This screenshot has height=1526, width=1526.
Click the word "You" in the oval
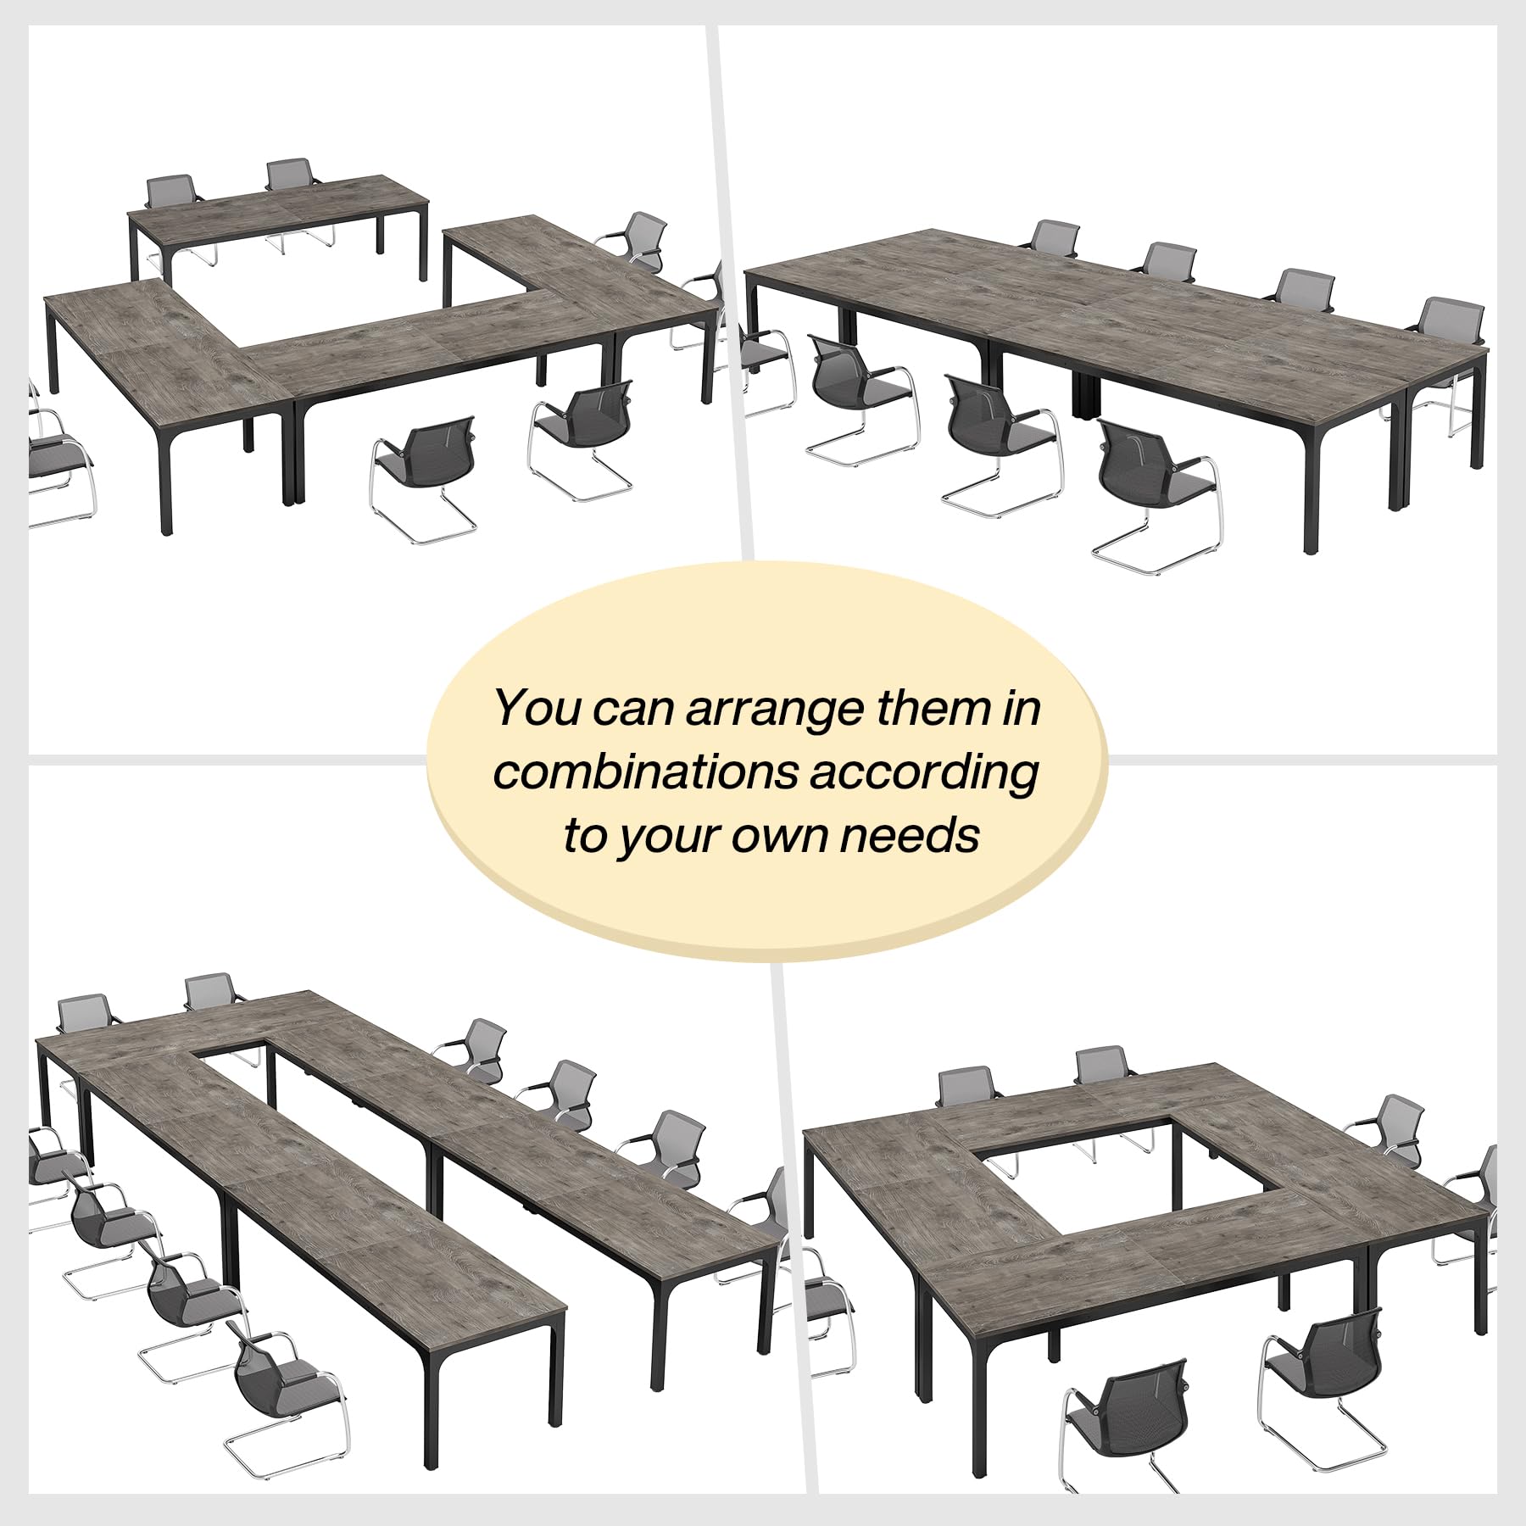coord(537,708)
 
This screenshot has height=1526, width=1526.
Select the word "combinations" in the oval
coord(646,773)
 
